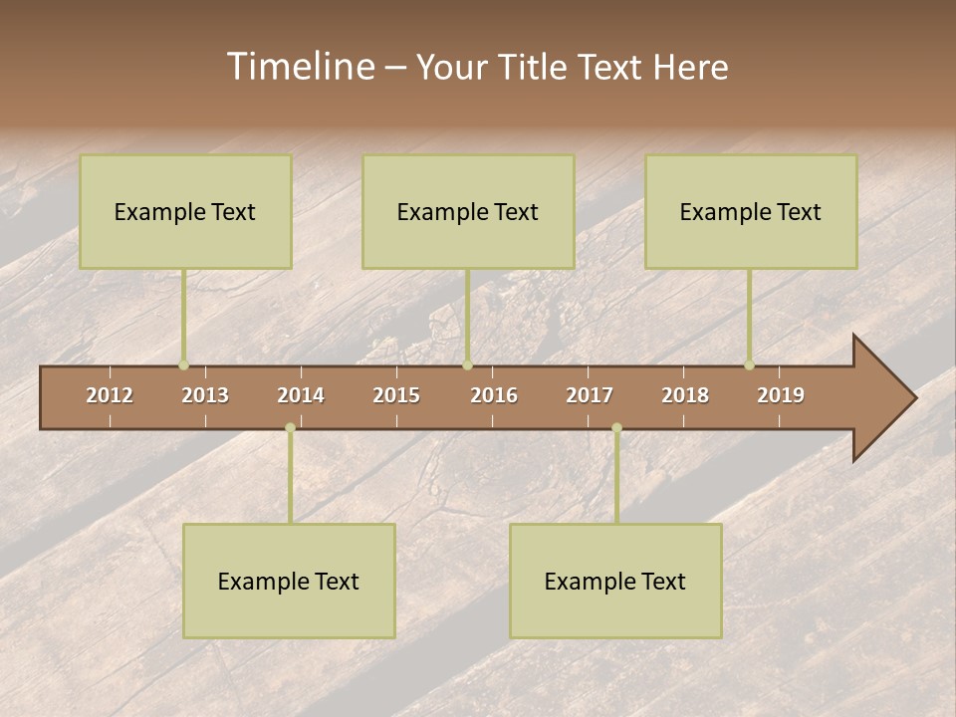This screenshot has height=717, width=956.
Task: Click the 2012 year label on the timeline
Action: (x=110, y=395)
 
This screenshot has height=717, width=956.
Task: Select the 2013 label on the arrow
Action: (x=205, y=395)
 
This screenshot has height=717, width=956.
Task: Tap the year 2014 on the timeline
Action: (x=301, y=395)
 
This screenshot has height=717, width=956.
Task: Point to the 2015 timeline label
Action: (x=396, y=395)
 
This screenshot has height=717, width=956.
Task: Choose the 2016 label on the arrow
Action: (x=494, y=395)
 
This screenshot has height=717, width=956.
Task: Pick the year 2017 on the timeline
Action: (x=590, y=395)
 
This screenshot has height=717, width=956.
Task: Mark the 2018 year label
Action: (x=685, y=395)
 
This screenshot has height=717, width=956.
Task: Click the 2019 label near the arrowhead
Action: (x=781, y=395)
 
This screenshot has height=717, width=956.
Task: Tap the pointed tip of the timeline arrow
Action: (x=913, y=398)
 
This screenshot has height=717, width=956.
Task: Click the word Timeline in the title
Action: (x=300, y=67)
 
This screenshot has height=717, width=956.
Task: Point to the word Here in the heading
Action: (x=690, y=67)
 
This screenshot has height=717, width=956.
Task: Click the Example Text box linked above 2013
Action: (x=185, y=211)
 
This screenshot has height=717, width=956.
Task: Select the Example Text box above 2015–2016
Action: (x=468, y=211)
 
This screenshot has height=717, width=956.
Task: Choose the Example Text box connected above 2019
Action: (x=751, y=211)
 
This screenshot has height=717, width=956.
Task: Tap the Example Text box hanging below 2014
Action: (x=289, y=581)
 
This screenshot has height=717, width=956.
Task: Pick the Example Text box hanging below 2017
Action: (x=615, y=581)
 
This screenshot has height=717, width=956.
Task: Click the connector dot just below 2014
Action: (x=290, y=428)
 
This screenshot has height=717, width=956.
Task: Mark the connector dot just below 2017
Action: (x=616, y=428)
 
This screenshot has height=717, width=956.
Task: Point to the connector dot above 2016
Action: (x=467, y=365)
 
